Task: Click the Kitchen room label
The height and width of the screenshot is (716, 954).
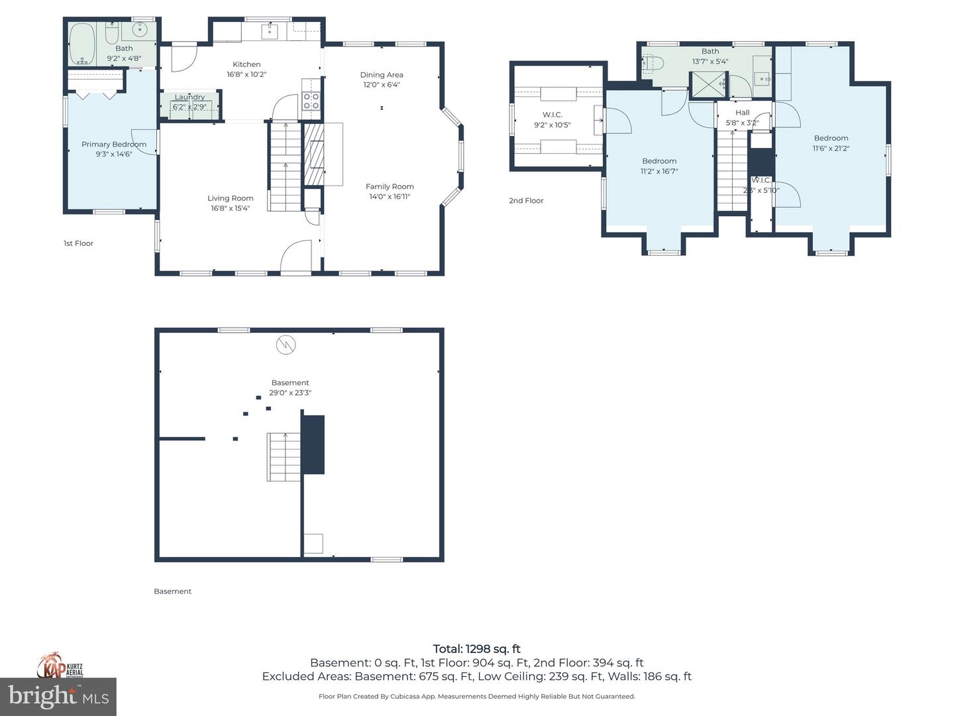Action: click(246, 64)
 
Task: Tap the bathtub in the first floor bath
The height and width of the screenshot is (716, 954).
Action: click(83, 44)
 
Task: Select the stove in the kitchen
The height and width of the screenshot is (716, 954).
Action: click(311, 101)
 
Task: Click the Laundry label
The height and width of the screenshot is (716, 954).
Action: click(189, 97)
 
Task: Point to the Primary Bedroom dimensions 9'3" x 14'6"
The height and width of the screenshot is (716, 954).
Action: click(114, 154)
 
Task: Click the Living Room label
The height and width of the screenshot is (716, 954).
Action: click(230, 198)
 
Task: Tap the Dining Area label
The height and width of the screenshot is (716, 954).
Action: click(382, 75)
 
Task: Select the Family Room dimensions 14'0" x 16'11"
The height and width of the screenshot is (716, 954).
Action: click(390, 196)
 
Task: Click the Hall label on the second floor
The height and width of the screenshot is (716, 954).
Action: click(742, 113)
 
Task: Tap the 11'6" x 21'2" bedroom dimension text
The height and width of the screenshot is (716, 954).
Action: click(831, 149)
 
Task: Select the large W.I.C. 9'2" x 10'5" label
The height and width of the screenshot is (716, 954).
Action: click(552, 115)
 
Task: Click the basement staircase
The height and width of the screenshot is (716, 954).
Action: click(285, 457)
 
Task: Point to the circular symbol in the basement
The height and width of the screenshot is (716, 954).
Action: click(286, 345)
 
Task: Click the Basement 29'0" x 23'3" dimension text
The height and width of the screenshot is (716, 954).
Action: click(290, 392)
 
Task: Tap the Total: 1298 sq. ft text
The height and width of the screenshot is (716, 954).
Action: click(476, 649)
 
